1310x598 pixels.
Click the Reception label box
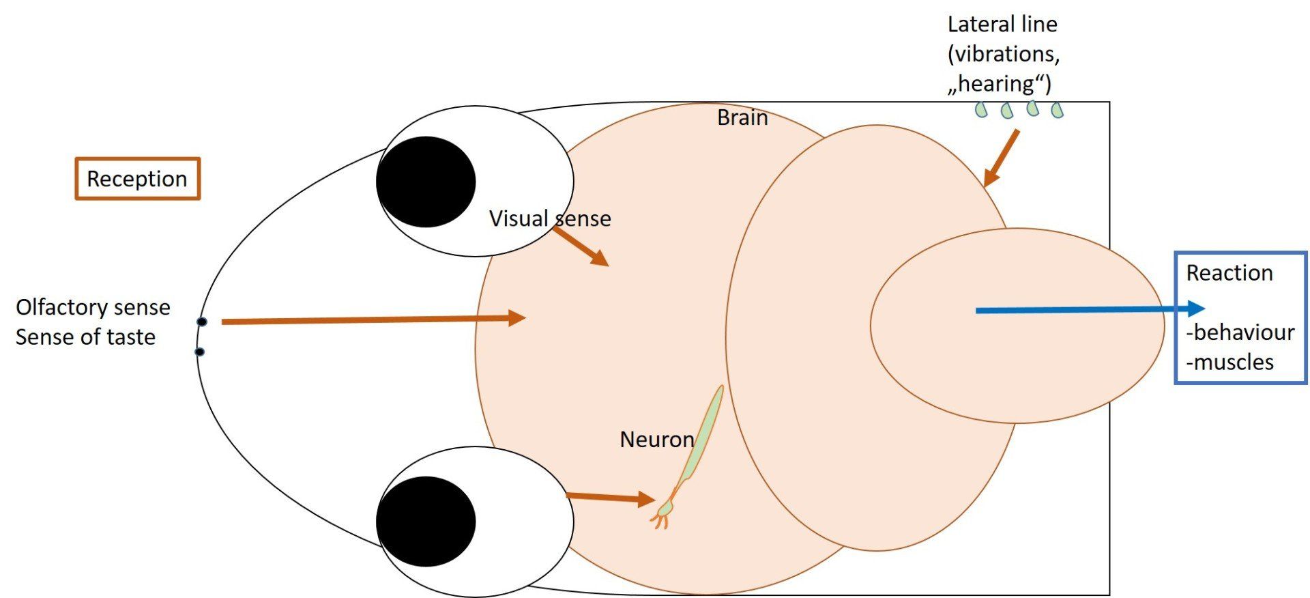pos(137,179)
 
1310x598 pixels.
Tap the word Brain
pos(742,118)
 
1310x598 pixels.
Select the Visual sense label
pos(550,218)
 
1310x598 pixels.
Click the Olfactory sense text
pos(93,307)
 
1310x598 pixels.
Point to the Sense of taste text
pos(85,337)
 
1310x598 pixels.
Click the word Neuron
pos(656,440)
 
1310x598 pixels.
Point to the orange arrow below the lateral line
pos(1002,158)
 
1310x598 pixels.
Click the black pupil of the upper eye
pos(426,182)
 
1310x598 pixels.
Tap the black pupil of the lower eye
pos(426,522)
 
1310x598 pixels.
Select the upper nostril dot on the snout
pos(202,322)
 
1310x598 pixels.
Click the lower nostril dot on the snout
pos(200,352)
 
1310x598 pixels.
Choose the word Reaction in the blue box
pos(1229,273)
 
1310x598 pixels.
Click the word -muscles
pos(1229,362)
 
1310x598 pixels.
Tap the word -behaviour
pos(1240,332)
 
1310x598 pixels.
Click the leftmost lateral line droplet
pos(981,109)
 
